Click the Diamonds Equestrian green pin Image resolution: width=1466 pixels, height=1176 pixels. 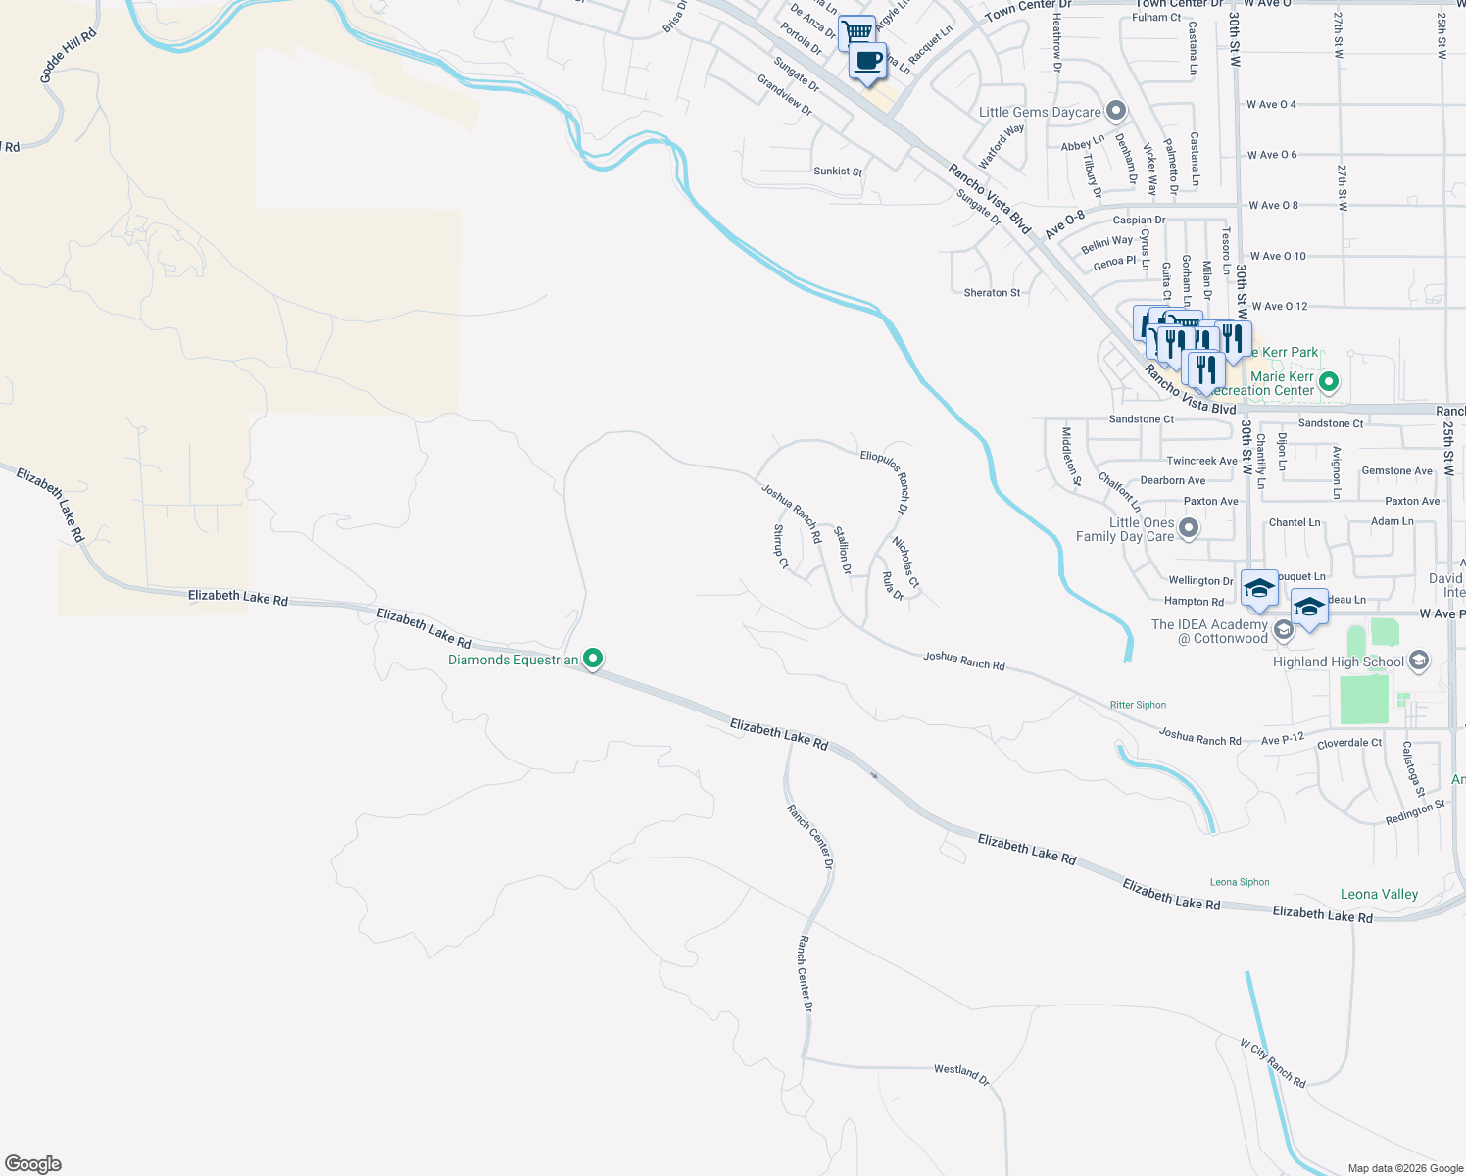(x=592, y=659)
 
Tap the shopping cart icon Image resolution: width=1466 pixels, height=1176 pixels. (x=857, y=31)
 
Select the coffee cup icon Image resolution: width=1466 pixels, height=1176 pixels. (x=867, y=61)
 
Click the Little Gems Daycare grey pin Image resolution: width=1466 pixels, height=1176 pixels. (x=1115, y=111)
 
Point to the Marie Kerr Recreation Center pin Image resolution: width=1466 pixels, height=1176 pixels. (x=1329, y=382)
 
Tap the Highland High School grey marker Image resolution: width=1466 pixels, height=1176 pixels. (x=1418, y=661)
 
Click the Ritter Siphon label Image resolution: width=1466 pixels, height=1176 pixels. (x=1138, y=705)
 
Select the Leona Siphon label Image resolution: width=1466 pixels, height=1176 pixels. (x=1240, y=882)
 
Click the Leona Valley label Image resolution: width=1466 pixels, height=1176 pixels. (x=1379, y=894)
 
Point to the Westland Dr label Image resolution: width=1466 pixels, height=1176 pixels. (x=961, y=1073)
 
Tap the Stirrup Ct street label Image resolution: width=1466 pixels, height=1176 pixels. (x=781, y=547)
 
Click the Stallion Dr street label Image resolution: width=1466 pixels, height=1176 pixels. (x=843, y=550)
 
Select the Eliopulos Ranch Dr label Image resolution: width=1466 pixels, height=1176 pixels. (x=885, y=481)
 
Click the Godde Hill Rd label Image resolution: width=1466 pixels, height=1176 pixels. (x=69, y=56)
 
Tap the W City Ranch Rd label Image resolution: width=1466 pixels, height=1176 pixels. (x=1272, y=1063)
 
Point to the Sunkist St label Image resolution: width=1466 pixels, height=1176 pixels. (x=838, y=171)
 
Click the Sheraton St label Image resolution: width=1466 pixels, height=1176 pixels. (x=992, y=293)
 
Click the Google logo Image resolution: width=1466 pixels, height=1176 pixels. (x=33, y=1163)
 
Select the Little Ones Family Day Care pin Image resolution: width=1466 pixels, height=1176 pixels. (x=1189, y=529)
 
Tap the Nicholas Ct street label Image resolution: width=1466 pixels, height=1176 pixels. (x=905, y=563)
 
